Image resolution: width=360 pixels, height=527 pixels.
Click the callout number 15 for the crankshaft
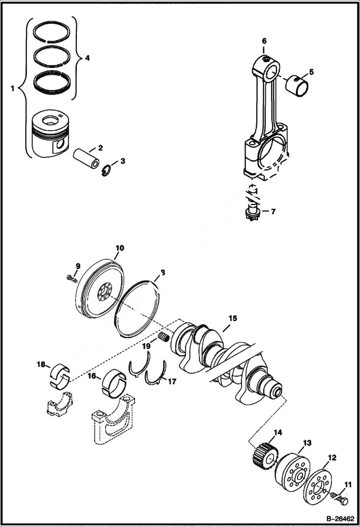[233, 318]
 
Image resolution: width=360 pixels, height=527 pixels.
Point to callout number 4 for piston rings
[87, 58]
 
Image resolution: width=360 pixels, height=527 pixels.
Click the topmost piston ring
[54, 32]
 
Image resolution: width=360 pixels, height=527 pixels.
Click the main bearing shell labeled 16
[114, 382]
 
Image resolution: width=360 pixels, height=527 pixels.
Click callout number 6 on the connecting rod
[264, 41]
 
